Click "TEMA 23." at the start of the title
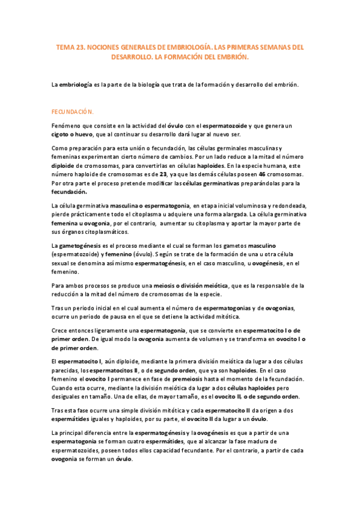coord(69,46)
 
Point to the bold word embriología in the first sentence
coord(75,85)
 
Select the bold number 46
coord(263,173)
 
